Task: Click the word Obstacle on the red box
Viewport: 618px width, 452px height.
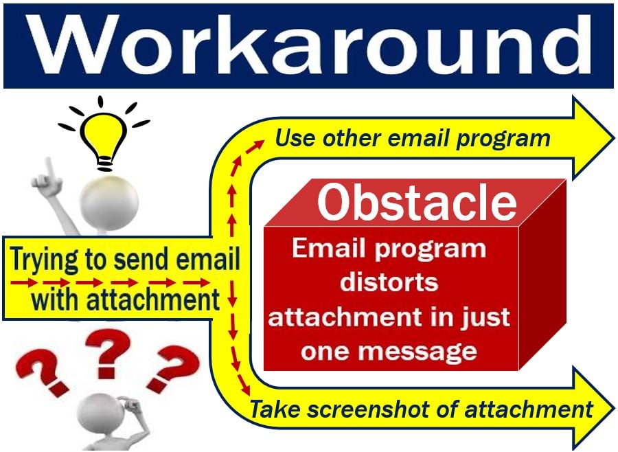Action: pyautogui.click(x=417, y=202)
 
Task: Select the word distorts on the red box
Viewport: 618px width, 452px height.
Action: pyautogui.click(x=389, y=282)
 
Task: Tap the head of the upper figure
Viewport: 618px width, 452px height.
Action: pyautogui.click(x=108, y=201)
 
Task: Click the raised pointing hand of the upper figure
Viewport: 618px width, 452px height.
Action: pyautogui.click(x=47, y=179)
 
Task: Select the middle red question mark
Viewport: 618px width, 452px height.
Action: pyautogui.click(x=108, y=353)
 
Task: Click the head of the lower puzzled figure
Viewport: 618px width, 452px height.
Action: pyautogui.click(x=100, y=416)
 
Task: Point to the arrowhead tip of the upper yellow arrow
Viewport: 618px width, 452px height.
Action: pyautogui.click(x=614, y=138)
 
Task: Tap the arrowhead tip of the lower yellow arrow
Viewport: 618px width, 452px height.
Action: pyautogui.click(x=614, y=409)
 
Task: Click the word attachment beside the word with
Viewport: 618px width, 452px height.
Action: pyautogui.click(x=152, y=299)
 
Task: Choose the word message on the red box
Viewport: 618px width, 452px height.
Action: pyautogui.click(x=418, y=350)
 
